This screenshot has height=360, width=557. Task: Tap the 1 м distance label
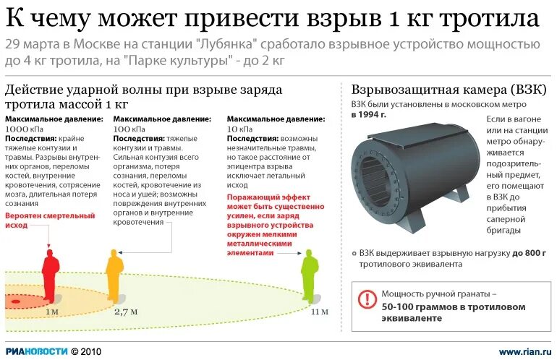[x=52, y=312]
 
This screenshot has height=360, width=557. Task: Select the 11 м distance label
[x=319, y=312]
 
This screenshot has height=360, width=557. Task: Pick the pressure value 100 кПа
[x=127, y=128]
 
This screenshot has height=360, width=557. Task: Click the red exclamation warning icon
[x=367, y=298]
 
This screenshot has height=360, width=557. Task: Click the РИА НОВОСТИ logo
[x=37, y=351]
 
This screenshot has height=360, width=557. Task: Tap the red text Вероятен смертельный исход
[x=50, y=220]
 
